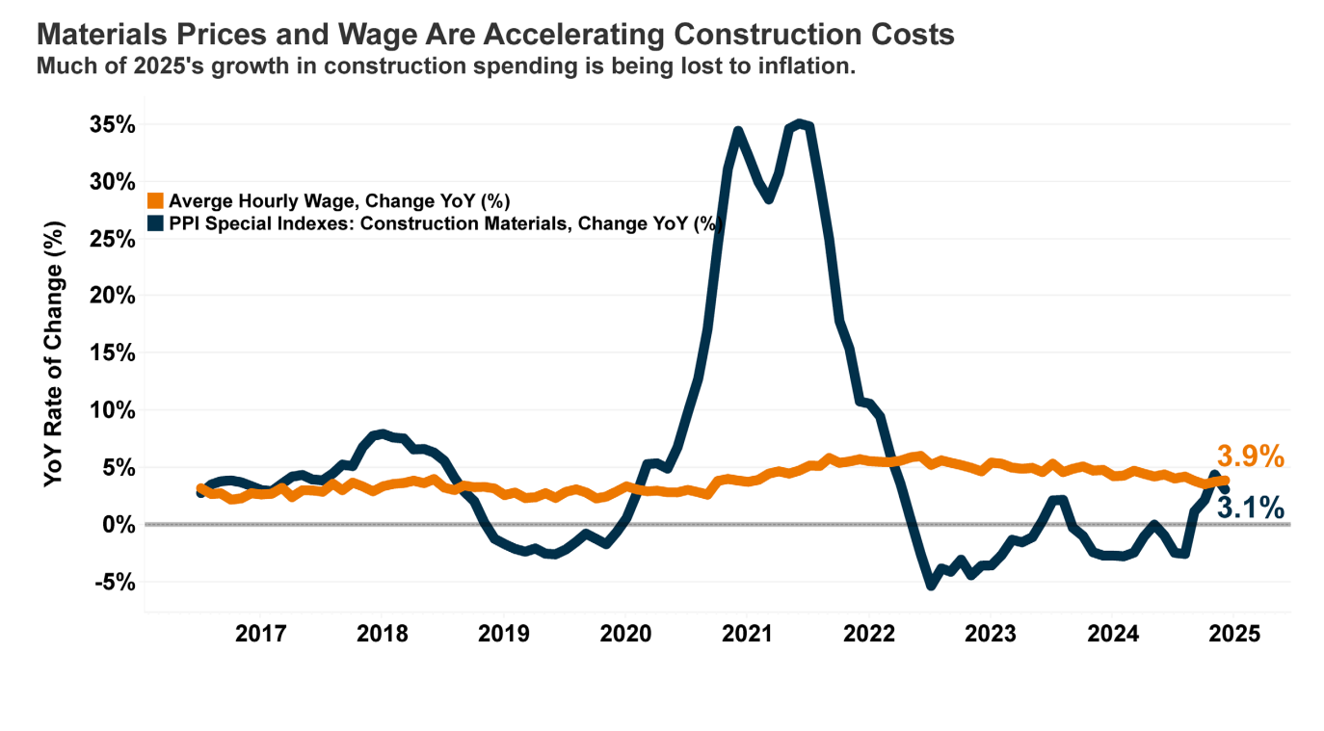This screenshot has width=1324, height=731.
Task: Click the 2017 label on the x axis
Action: (260, 635)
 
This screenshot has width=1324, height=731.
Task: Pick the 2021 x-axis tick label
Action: (747, 635)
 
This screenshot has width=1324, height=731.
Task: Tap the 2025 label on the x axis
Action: (1233, 635)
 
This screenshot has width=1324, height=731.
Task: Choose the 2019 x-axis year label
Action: (503, 635)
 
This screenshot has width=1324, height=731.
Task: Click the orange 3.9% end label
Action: (1250, 457)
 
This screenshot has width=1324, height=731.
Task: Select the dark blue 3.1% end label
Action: (1250, 507)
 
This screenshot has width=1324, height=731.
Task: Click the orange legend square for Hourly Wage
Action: (155, 201)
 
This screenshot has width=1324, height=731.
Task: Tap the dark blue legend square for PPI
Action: (155, 223)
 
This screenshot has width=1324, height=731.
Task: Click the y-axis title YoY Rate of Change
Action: (54, 354)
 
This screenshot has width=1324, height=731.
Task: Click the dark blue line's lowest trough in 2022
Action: (931, 584)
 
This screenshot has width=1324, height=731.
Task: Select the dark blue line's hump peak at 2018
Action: (382, 434)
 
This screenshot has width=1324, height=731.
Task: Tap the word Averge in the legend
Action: (197, 201)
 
